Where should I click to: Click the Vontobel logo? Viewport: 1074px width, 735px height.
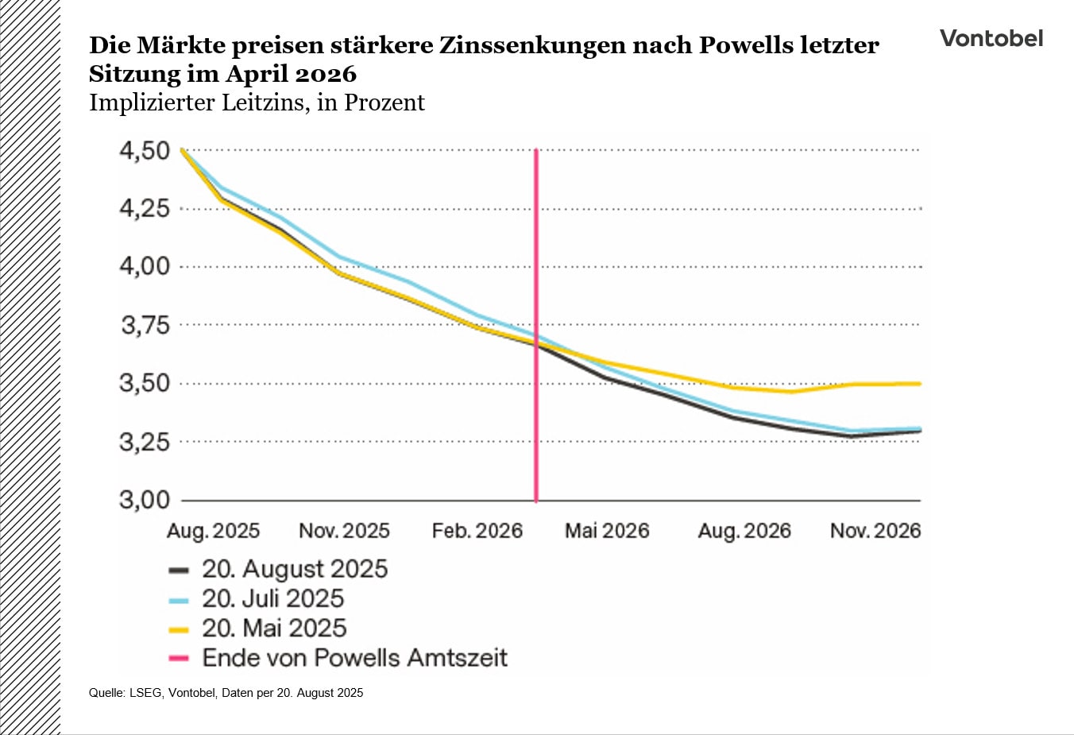click(x=991, y=38)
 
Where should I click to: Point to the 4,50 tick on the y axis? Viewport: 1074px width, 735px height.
click(x=145, y=150)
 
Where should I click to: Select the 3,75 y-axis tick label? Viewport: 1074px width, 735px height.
click(x=145, y=325)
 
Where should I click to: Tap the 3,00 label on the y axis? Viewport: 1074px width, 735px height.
click(x=145, y=500)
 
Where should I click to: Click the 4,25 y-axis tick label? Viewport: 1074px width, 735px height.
click(x=145, y=208)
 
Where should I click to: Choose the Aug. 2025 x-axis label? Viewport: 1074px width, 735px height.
click(x=213, y=531)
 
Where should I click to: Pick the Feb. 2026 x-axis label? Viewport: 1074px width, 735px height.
click(x=477, y=531)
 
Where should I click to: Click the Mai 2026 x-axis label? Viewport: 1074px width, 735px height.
click(x=607, y=531)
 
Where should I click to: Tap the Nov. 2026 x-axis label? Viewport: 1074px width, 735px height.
click(x=875, y=531)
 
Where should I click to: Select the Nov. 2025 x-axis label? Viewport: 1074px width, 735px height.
click(x=344, y=531)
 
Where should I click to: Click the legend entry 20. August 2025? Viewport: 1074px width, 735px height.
click(x=294, y=569)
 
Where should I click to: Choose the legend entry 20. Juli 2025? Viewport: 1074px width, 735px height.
click(x=272, y=598)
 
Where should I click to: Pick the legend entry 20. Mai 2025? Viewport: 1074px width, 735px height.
click(x=273, y=629)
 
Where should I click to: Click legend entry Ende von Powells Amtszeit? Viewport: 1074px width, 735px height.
click(x=354, y=658)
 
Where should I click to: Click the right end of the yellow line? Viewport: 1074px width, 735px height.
click(x=919, y=384)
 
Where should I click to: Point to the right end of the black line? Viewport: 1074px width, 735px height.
click(x=919, y=431)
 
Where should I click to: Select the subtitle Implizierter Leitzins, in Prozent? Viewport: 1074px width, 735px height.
click(x=257, y=103)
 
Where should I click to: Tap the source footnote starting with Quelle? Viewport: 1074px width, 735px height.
click(x=226, y=693)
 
